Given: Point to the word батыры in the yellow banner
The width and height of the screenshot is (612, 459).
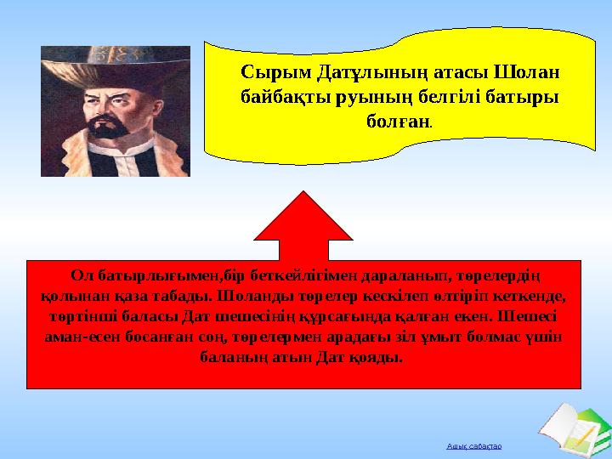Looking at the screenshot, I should click(x=523, y=96).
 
